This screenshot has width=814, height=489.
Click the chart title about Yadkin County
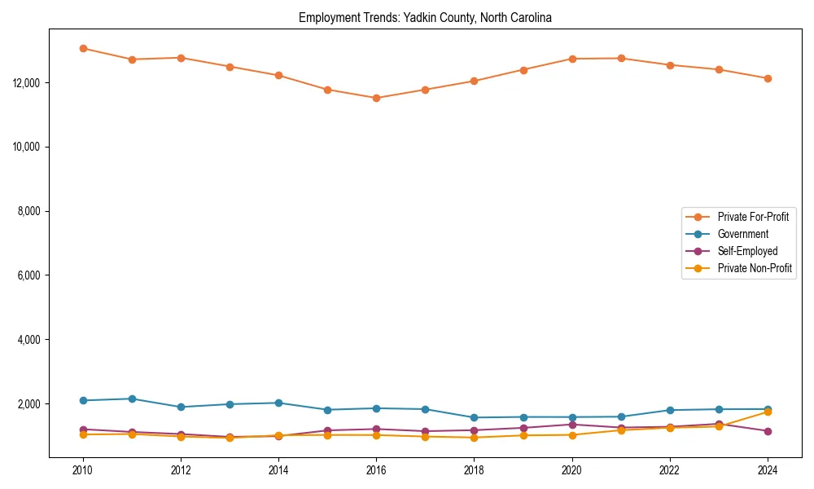click(x=425, y=18)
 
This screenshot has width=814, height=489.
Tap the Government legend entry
click(x=742, y=234)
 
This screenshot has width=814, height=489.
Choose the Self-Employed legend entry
click(x=747, y=251)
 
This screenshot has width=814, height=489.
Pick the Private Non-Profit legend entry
click(x=755, y=268)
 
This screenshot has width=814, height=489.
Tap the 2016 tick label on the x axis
click(x=376, y=469)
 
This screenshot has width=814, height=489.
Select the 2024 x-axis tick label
click(x=768, y=469)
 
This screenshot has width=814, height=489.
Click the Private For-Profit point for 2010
click(x=83, y=48)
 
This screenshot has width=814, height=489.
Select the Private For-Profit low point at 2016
click(x=376, y=98)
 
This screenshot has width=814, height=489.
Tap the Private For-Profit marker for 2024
click(x=768, y=78)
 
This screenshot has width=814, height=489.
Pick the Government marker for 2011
click(x=132, y=399)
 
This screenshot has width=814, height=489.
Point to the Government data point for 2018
click(x=474, y=417)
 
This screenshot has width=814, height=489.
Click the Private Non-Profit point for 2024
click(x=768, y=412)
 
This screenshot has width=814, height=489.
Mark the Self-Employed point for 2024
click(x=768, y=431)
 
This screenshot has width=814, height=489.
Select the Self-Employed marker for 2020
click(x=572, y=424)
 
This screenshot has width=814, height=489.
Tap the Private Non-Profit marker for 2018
click(x=474, y=438)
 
